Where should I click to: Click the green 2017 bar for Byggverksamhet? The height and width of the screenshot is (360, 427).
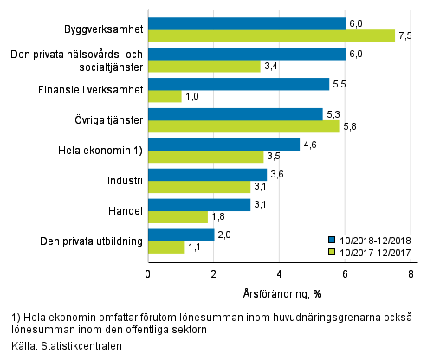271,36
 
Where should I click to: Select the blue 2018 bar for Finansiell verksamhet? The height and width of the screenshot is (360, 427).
238,84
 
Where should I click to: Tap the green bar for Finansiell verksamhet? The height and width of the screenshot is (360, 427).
165,96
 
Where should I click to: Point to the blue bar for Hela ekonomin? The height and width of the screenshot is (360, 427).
223,145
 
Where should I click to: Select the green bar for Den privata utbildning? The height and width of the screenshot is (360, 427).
165,247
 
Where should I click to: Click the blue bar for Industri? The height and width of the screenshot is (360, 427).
207,174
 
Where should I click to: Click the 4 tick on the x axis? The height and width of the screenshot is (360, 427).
279,274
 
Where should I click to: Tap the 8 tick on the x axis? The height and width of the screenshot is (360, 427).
411,274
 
